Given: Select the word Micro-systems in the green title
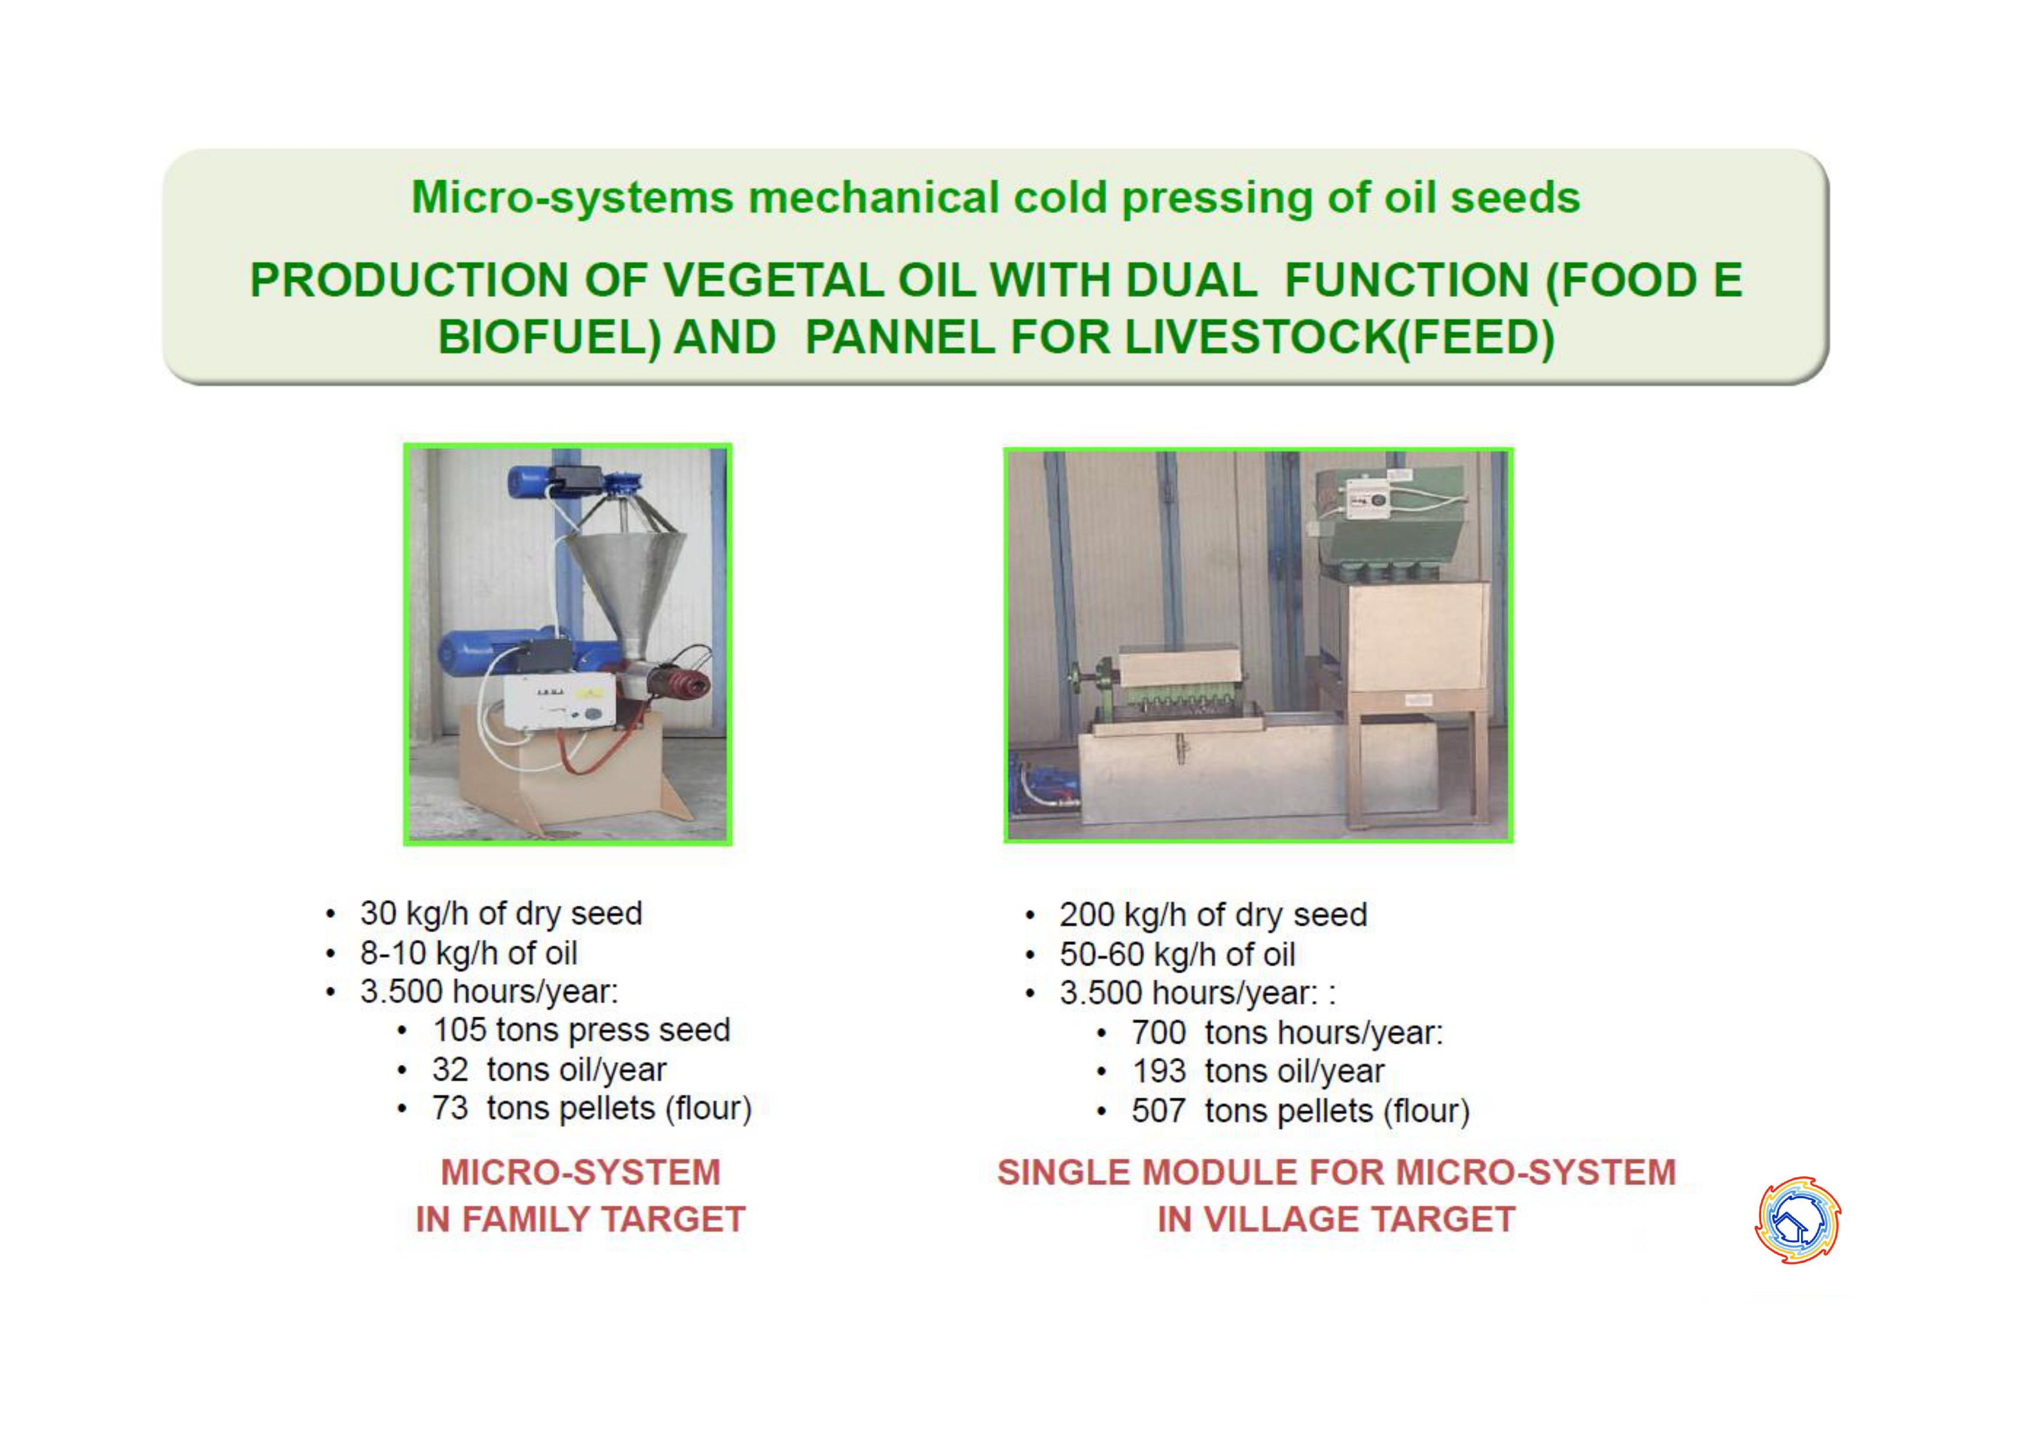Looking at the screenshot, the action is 572,197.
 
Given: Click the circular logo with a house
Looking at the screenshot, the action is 1798,1220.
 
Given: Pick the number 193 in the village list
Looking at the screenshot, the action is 1159,1071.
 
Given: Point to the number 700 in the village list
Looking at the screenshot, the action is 1159,1032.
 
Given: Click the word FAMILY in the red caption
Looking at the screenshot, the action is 526,1220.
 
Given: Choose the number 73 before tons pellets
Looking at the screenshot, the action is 450,1108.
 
